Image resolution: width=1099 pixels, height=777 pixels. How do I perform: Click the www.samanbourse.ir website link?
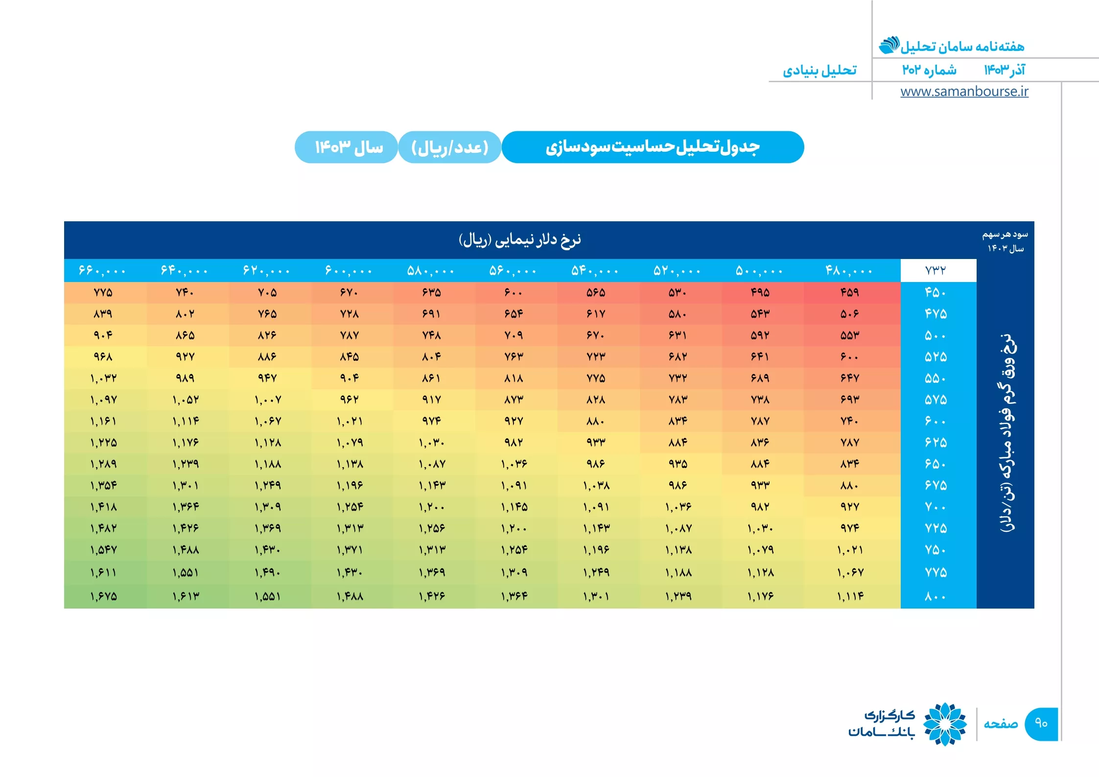pos(964,92)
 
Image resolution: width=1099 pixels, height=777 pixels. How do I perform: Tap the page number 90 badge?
pos(1041,724)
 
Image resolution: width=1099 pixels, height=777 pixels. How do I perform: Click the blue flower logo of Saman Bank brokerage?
pos(945,724)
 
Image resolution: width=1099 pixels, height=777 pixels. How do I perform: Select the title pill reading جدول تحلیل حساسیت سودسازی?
pos(653,147)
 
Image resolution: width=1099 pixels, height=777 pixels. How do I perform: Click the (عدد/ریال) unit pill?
pos(449,147)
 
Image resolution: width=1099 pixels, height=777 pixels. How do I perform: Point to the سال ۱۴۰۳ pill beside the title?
pos(347,147)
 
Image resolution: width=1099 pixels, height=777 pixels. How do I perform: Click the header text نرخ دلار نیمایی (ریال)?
pos(520,239)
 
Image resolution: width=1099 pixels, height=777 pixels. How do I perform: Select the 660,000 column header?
pos(102,270)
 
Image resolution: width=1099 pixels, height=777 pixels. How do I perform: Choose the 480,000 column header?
pos(849,270)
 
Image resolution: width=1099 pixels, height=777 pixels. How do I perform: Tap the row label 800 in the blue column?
pos(935,596)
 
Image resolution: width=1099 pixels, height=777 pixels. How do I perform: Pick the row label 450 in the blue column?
pos(935,292)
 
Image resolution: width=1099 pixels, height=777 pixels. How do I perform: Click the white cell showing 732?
pos(938,270)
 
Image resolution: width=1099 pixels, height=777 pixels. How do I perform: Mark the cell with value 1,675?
pos(103,596)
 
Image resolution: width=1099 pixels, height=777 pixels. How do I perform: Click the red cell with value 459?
pos(850,292)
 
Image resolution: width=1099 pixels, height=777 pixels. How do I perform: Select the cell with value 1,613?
pos(186,596)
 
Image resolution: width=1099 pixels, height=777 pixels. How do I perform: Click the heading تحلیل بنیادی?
pos(819,71)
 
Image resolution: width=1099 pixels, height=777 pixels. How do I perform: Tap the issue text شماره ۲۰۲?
pos(929,70)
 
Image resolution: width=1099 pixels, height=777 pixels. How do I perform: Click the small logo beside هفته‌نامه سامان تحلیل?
pos(889,45)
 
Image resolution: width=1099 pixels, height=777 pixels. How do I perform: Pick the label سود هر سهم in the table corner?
pos(1005,235)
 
